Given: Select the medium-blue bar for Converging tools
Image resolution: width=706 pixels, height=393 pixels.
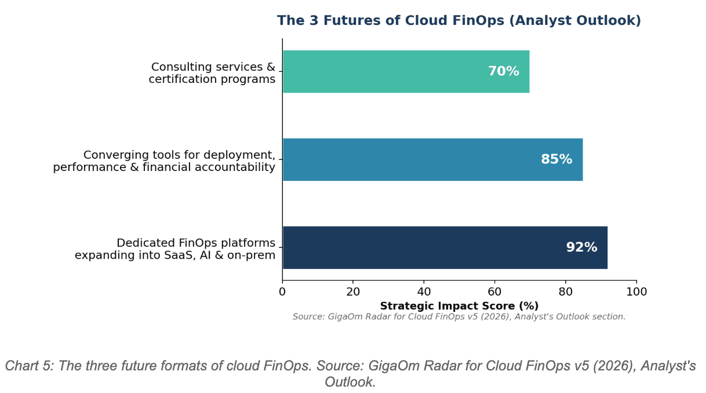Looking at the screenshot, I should point(406,159).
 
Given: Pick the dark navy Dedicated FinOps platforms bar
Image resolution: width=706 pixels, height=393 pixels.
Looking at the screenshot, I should point(417,248).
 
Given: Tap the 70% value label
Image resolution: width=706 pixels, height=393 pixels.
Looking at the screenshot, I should point(503,71).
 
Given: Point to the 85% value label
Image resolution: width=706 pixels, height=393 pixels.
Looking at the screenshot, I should point(556,159).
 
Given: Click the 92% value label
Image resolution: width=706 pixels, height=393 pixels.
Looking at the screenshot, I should point(581,248).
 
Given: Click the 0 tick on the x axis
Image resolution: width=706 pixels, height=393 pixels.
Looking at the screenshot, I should point(282,292).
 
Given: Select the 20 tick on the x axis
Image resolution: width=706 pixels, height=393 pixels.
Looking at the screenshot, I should point(353,292).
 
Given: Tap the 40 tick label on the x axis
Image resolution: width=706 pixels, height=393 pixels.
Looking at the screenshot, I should point(424,292).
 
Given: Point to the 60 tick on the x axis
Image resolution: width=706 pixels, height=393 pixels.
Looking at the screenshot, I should point(494,292).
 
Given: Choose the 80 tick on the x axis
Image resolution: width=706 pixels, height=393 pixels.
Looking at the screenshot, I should point(566,292).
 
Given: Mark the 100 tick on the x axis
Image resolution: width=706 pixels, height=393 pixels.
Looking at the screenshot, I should point(636,292).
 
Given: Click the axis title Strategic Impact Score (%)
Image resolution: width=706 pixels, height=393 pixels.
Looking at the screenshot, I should point(459,306).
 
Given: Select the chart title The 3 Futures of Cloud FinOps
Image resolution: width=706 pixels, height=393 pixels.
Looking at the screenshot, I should point(459,21).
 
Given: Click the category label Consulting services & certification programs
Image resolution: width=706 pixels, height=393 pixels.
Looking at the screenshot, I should point(212,73).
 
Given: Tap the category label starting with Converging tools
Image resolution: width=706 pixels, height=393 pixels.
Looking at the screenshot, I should point(165,161).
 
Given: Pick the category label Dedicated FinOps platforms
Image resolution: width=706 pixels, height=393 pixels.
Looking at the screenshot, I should point(175,249).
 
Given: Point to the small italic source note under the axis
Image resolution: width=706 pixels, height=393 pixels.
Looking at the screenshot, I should point(459,317).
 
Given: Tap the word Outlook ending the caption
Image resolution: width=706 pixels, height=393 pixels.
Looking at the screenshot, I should point(349,383).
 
